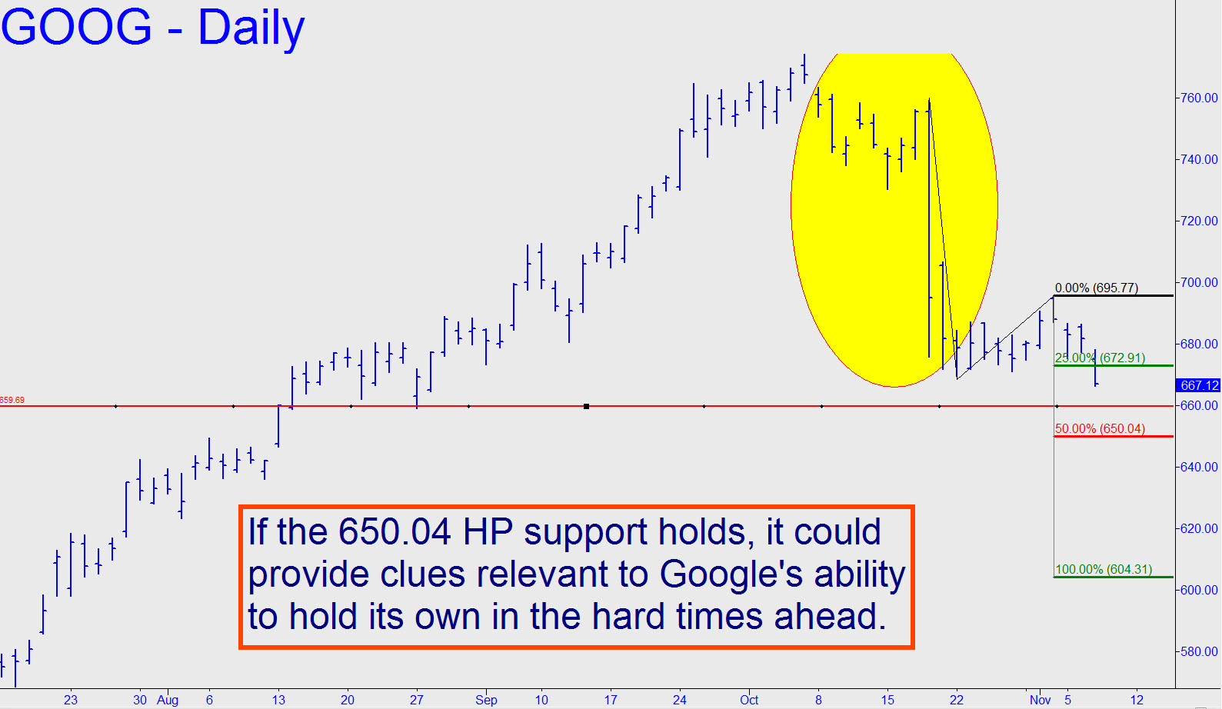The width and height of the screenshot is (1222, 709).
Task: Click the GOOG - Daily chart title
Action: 153,27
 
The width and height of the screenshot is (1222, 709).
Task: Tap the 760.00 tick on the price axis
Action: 1198,98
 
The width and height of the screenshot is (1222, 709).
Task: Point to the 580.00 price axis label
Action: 1198,652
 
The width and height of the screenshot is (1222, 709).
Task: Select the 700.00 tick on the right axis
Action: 1198,282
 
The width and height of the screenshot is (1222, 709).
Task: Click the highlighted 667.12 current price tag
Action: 1198,385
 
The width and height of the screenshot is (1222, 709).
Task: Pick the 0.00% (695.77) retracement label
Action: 1097,288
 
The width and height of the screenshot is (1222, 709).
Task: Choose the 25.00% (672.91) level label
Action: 1100,358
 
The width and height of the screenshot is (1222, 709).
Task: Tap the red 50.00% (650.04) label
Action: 1100,428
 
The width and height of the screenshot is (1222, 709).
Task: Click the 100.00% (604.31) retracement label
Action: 1104,569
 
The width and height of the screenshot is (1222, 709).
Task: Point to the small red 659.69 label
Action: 12,401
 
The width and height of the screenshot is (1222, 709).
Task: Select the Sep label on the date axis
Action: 486,701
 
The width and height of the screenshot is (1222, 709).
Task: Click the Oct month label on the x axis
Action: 749,701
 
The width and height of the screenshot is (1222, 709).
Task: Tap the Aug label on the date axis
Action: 168,701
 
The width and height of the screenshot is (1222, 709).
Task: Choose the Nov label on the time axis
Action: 1041,701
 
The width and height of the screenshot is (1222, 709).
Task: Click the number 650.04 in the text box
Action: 395,532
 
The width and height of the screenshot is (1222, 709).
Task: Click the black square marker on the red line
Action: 587,406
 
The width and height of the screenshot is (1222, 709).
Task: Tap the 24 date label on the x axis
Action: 679,701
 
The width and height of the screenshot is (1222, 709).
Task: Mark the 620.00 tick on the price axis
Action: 1198,528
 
